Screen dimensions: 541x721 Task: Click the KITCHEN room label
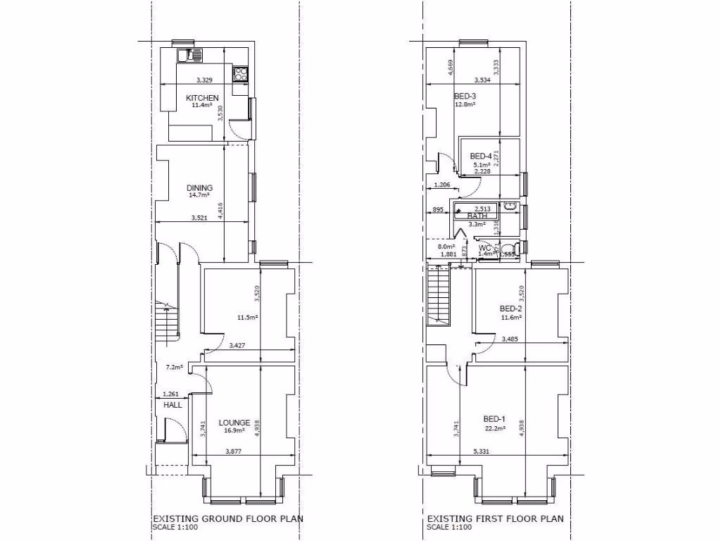click(202, 98)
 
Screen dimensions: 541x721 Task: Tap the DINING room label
click(199, 188)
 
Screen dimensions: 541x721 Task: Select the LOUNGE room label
click(234, 423)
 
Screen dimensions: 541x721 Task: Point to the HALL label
click(173, 405)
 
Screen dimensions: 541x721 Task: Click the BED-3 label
click(465, 97)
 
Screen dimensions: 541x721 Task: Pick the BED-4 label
click(481, 156)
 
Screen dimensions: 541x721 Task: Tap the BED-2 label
click(510, 309)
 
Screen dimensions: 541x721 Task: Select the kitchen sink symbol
click(190, 55)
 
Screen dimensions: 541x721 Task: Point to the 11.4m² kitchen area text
click(202, 106)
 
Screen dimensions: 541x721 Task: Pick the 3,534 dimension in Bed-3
click(483, 80)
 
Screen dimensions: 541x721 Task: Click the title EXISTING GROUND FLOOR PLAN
click(227, 519)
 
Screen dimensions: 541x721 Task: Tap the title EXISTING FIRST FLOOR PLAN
click(496, 519)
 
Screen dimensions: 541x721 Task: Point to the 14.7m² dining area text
click(199, 196)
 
